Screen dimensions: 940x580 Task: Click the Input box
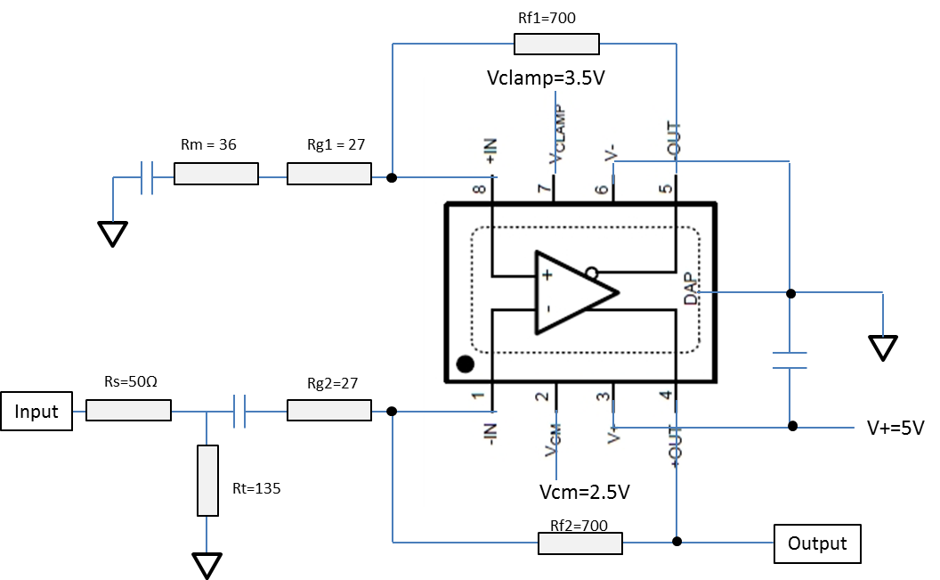[x=36, y=412]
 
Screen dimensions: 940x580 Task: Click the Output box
[x=817, y=543]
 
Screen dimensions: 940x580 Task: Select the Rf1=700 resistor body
[x=556, y=44]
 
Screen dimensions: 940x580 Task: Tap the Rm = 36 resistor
[x=216, y=174]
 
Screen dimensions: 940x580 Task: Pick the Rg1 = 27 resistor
[x=329, y=174]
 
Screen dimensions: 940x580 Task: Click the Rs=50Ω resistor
[x=128, y=410]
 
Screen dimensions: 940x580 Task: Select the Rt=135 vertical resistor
[x=207, y=480]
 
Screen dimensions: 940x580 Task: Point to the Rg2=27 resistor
[x=329, y=410]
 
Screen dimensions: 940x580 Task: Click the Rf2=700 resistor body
[x=580, y=543]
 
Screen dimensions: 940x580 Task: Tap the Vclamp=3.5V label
[x=546, y=78]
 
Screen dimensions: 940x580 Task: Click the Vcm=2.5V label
[x=585, y=492]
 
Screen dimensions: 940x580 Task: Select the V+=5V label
[x=895, y=428]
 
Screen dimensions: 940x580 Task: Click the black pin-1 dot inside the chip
[x=466, y=364]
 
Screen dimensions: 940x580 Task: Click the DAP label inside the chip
[x=692, y=289]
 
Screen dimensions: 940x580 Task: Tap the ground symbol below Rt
[x=207, y=566]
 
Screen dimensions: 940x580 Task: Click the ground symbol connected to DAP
[x=882, y=347]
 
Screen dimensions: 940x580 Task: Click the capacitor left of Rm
[x=147, y=177]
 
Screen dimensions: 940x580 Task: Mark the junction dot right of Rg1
[x=392, y=177]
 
